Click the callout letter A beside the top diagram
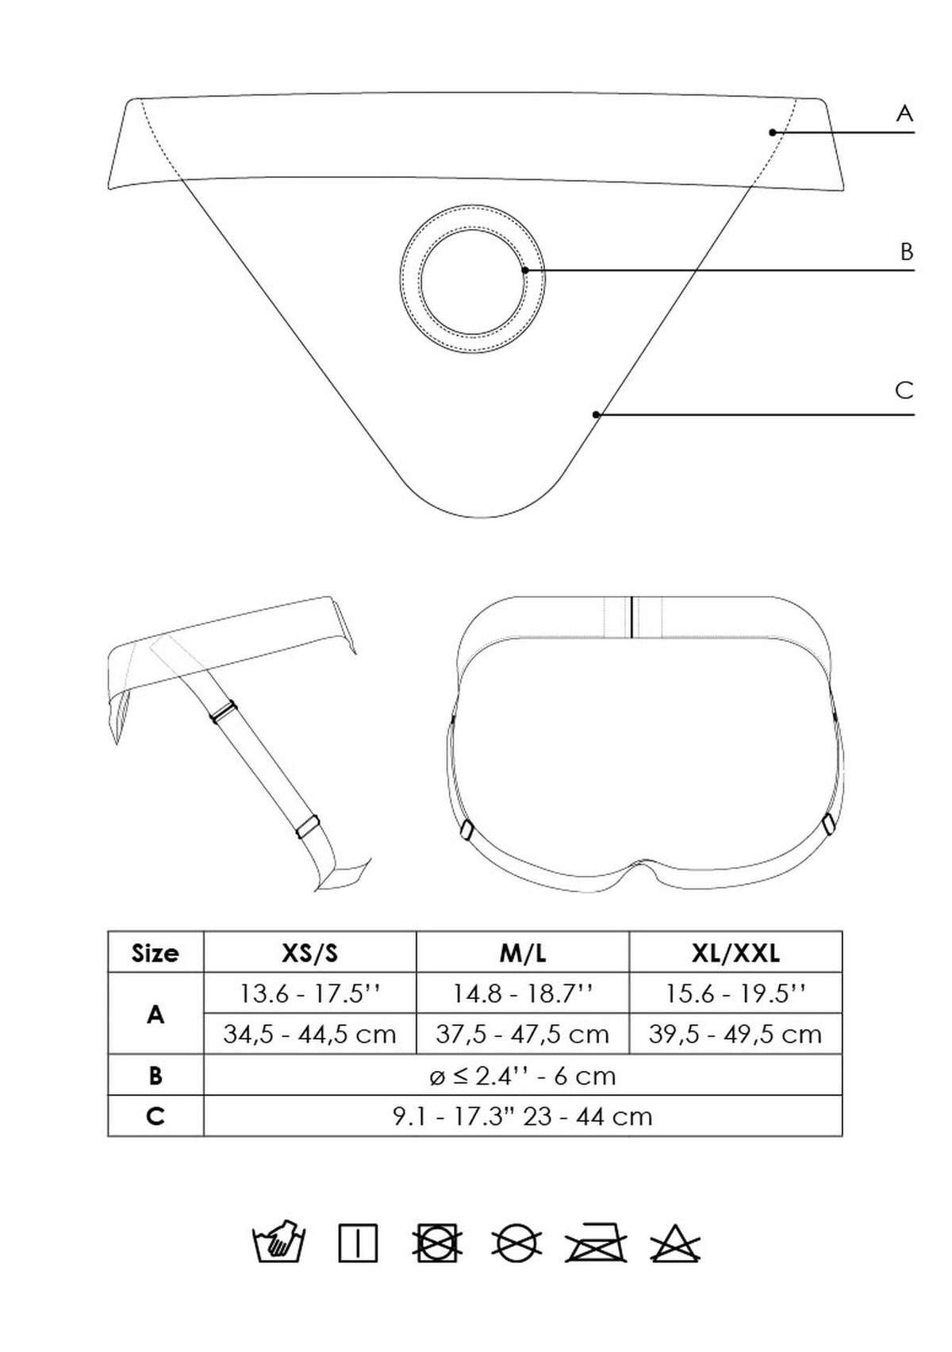pyautogui.click(x=904, y=113)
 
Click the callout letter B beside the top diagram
pyautogui.click(x=906, y=252)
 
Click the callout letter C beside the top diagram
pyautogui.click(x=904, y=390)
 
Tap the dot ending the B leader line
pyautogui.click(x=525, y=270)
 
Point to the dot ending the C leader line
pyautogui.click(x=596, y=415)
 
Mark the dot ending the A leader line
pyautogui.click(x=772, y=133)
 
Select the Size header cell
pyautogui.click(x=155, y=953)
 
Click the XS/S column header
pyautogui.click(x=309, y=953)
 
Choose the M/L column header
pyautogui.click(x=523, y=953)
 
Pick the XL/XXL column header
pyautogui.click(x=735, y=953)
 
